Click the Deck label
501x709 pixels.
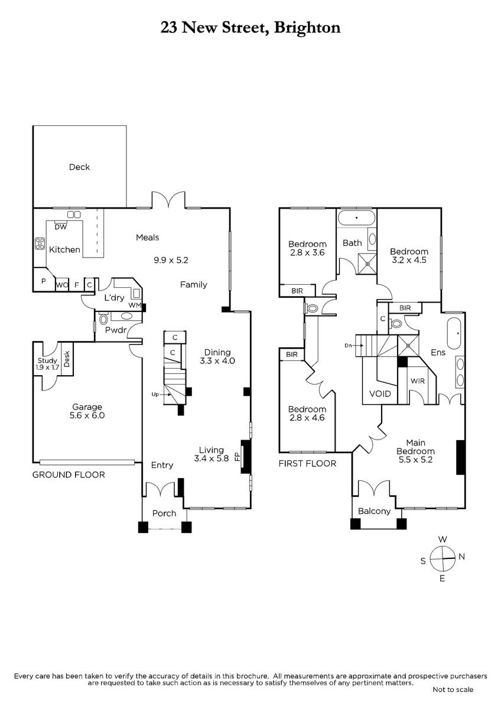pos(79,167)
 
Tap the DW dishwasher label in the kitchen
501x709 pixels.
pos(61,227)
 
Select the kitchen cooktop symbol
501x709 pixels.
pos(40,243)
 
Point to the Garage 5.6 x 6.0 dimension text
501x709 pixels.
pos(87,415)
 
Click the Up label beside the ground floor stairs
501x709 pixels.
pos(155,395)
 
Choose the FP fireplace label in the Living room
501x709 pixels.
pos(238,457)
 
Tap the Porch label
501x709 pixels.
pos(164,513)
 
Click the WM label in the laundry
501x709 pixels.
pos(135,305)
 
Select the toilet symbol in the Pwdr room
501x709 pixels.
pos(103,318)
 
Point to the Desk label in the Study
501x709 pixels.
pos(66,359)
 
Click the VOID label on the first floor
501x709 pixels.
pos(380,393)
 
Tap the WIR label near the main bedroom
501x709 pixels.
pos(418,381)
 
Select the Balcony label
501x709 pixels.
pos(374,511)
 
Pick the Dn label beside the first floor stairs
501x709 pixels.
pos(348,345)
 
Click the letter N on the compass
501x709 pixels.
pos(462,557)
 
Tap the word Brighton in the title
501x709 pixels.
pos(307,28)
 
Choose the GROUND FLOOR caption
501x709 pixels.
pos(69,475)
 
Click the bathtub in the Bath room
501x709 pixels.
pos(356,218)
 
